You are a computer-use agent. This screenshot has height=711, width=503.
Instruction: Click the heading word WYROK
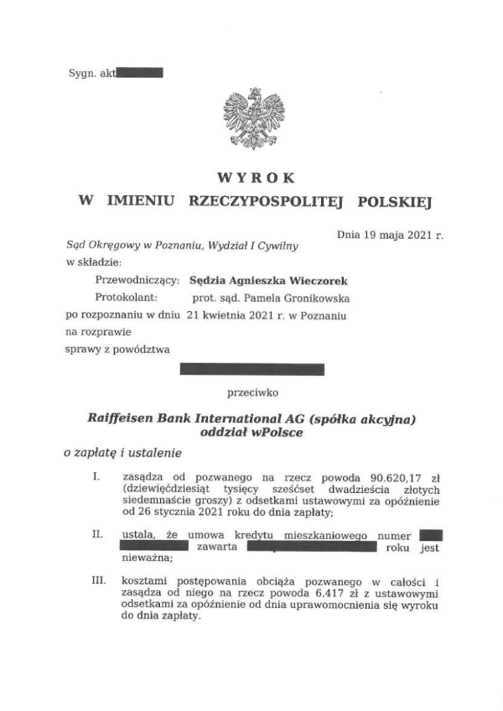tap(255, 178)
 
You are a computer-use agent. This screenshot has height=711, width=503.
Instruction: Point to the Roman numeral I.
tap(98, 477)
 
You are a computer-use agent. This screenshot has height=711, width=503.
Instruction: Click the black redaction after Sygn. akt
tap(139, 74)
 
